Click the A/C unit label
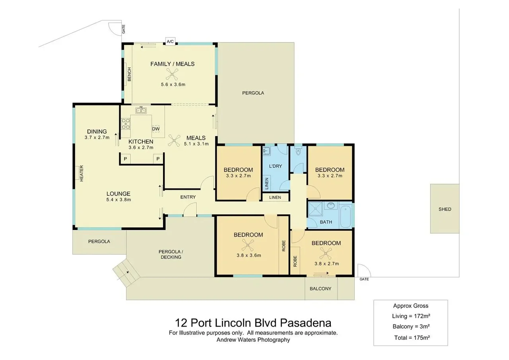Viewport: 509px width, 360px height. coord(170,41)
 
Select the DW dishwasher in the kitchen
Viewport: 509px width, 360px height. coord(156,128)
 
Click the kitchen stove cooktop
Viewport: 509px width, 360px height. coord(126,124)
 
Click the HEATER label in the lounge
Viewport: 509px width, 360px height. coord(82,173)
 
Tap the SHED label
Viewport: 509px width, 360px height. coord(445,209)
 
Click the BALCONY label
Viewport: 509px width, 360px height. coord(321,289)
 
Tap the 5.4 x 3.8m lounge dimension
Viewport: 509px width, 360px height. coord(118,200)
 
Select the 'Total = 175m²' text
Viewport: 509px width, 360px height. coord(411,337)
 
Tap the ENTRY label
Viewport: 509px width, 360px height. coord(188,197)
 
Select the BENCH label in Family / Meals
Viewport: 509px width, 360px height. coord(129,74)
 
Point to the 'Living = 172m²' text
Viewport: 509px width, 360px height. coord(411,316)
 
